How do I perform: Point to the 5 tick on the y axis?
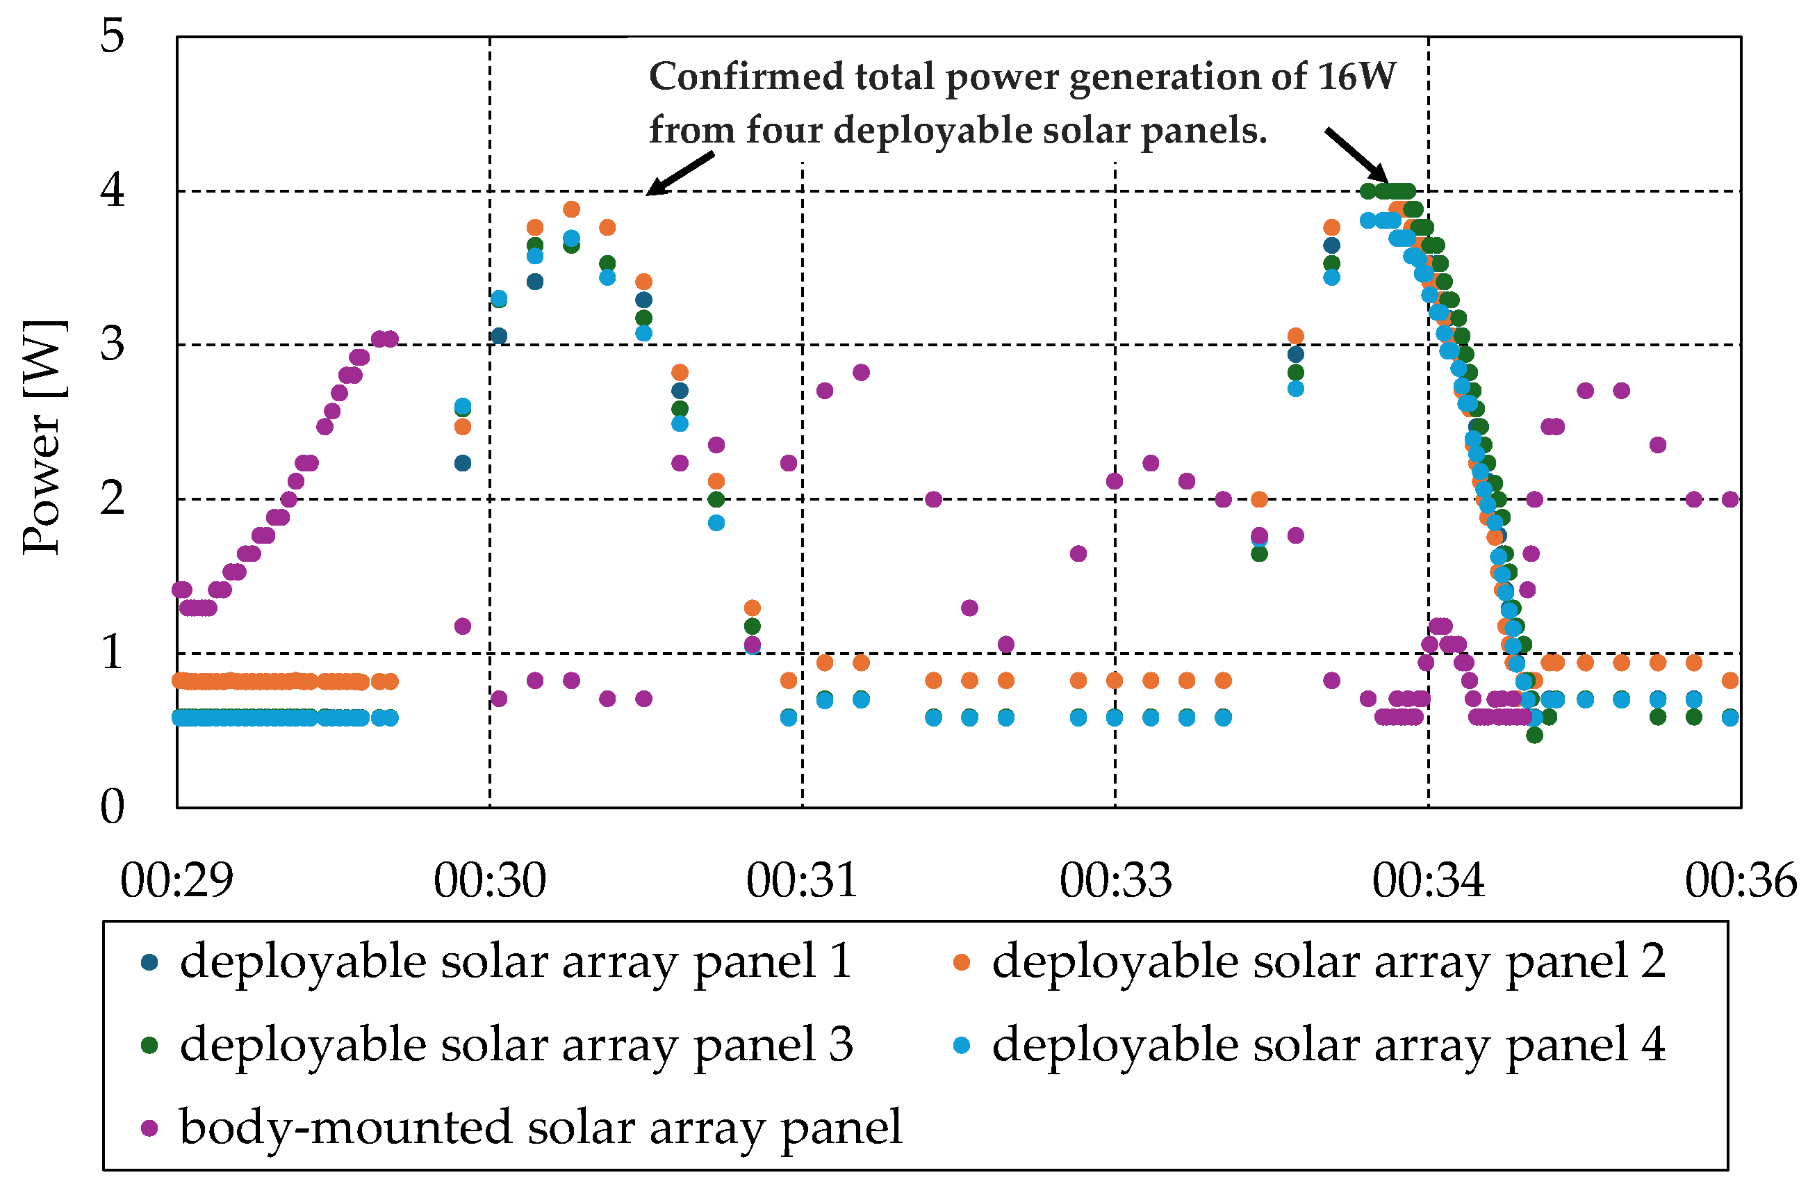point(113,35)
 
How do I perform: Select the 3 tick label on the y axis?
point(113,344)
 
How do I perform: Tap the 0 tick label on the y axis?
point(113,806)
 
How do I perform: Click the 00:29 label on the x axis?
point(176,881)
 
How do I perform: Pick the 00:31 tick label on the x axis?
point(803,881)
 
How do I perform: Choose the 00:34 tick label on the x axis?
point(1428,881)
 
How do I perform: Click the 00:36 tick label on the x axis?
point(1741,881)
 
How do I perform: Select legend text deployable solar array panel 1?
point(515,962)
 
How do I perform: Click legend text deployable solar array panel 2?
point(1329,962)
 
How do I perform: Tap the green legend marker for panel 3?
point(149,1045)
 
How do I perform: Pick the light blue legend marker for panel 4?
point(962,1045)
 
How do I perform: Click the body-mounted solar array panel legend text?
point(540,1127)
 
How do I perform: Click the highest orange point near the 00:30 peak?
point(571,209)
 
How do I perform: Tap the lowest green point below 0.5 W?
point(1534,735)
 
